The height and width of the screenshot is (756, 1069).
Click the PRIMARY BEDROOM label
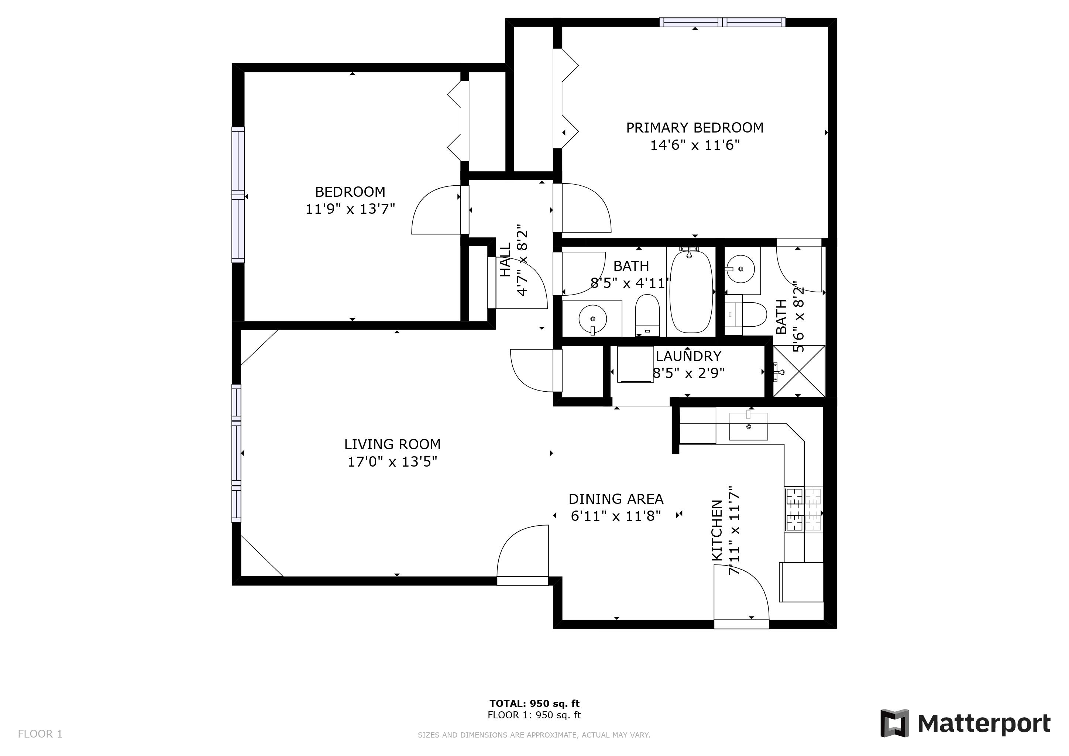(x=694, y=128)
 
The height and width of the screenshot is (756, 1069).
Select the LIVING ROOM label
(x=392, y=444)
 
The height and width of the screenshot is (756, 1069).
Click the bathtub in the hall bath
(x=691, y=291)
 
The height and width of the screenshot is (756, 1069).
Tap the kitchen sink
(x=748, y=426)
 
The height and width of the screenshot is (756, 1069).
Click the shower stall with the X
(x=798, y=371)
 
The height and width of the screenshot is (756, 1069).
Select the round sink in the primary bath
(x=740, y=269)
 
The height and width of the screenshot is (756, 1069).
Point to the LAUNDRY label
(x=688, y=356)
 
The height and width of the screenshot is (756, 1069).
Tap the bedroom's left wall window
(x=238, y=195)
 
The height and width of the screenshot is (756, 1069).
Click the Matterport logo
(x=965, y=724)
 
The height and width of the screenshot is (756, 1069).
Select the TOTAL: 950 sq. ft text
(x=534, y=703)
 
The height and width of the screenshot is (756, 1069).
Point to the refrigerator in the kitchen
(x=801, y=582)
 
